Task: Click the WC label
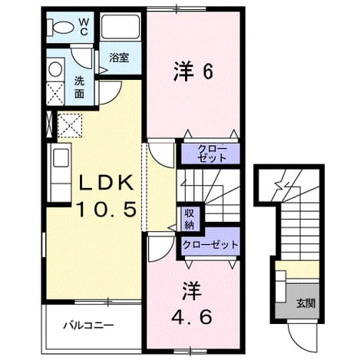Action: (x=84, y=26)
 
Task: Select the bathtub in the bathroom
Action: (x=121, y=27)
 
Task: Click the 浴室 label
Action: (x=119, y=58)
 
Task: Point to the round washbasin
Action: (x=55, y=69)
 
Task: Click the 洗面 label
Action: (x=79, y=88)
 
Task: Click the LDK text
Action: (x=106, y=183)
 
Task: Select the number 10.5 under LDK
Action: (x=106, y=209)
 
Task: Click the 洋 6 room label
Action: (x=193, y=71)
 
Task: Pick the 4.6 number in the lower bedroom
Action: (x=191, y=317)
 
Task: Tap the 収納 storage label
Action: (x=190, y=220)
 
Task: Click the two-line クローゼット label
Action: (x=212, y=153)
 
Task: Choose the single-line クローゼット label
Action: (x=210, y=245)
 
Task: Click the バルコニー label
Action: (x=88, y=325)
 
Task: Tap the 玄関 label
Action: (x=306, y=303)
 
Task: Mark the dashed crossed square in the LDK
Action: (x=70, y=126)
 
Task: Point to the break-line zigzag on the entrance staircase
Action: (x=283, y=183)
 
